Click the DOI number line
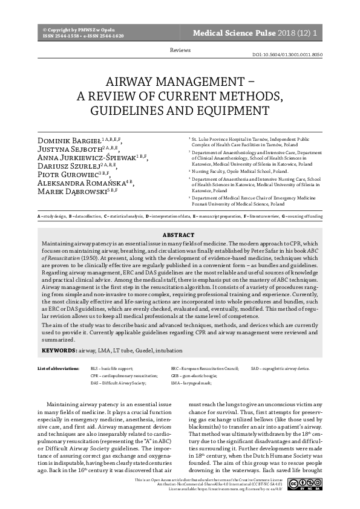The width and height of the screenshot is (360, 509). (287, 54)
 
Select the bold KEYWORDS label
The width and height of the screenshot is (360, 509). (59, 350)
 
